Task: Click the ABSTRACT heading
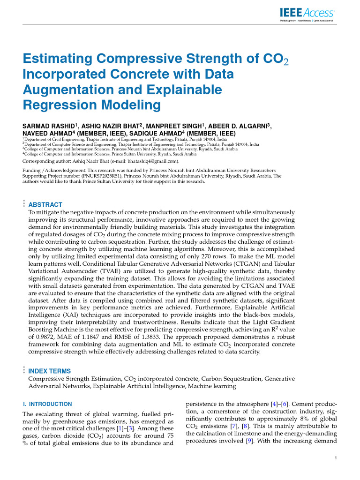click(45, 205)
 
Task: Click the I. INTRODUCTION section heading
click(47, 404)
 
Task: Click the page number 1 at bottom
click(336, 458)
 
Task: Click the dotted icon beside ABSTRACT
click(23, 204)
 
